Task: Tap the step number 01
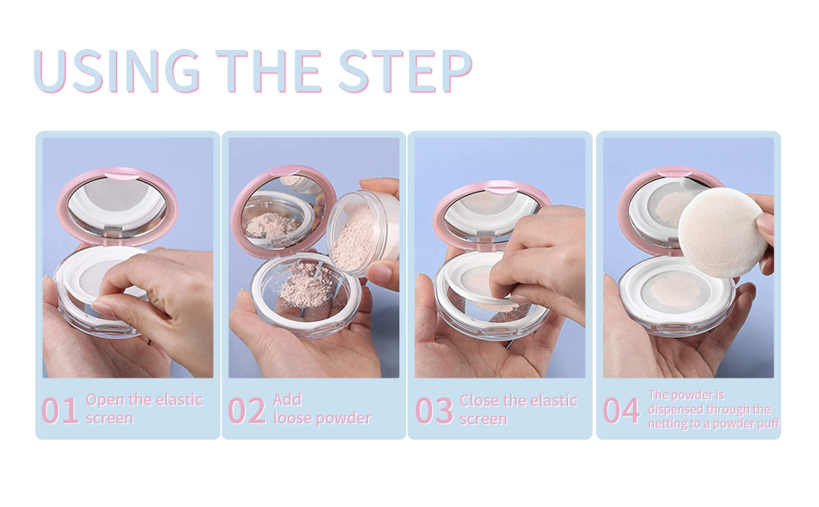click(60, 410)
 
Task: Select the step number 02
click(247, 410)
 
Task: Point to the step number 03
click(434, 410)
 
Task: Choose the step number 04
click(621, 410)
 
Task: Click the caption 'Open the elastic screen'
click(144, 409)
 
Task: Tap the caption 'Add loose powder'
click(322, 409)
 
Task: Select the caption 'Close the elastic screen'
click(518, 409)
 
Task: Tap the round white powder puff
click(722, 233)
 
